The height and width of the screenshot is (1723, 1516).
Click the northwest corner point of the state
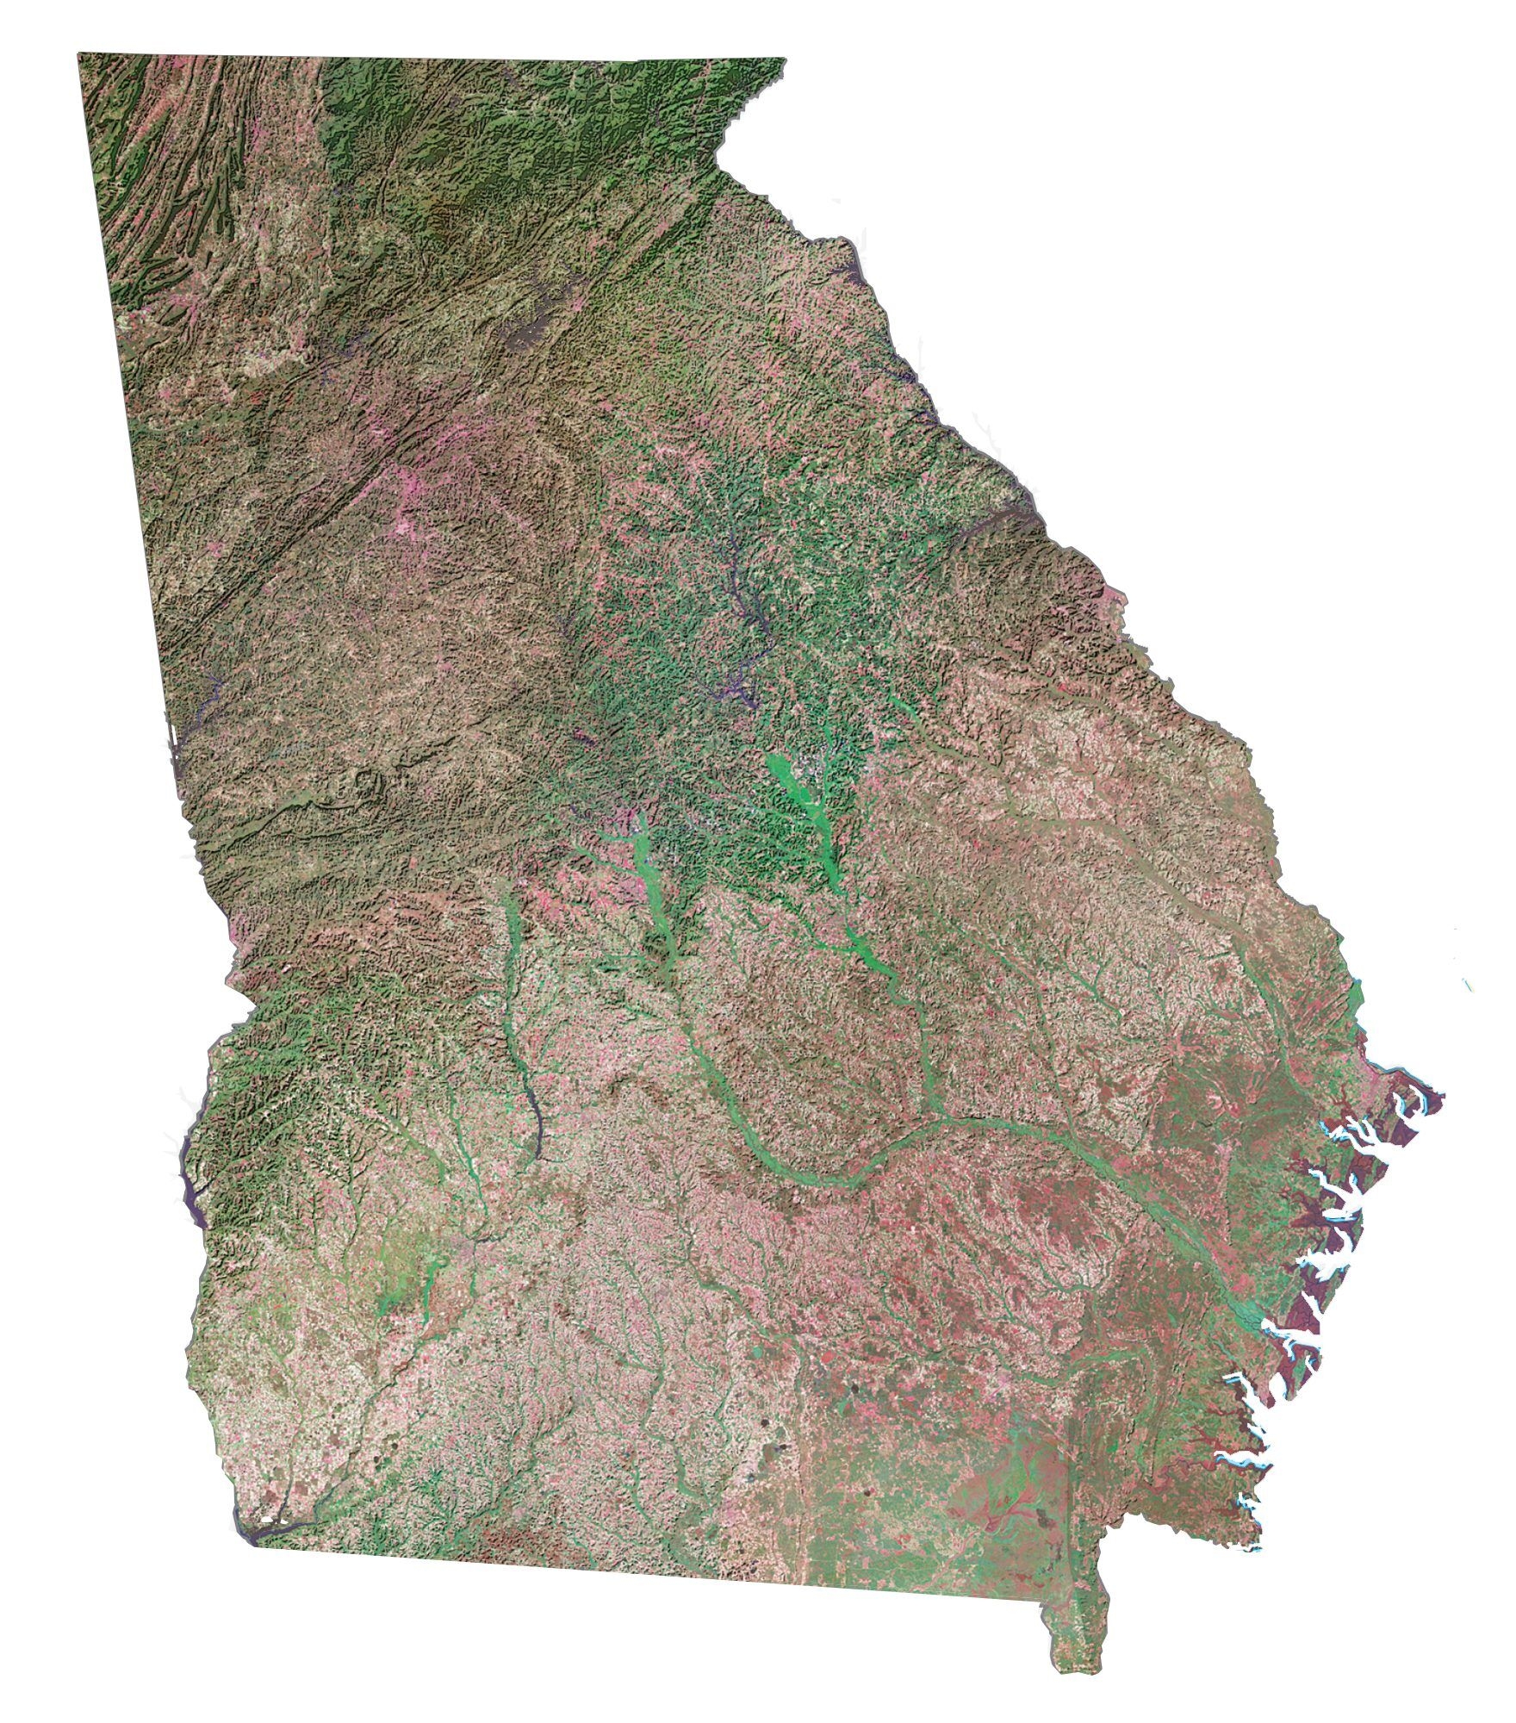coord(78,54)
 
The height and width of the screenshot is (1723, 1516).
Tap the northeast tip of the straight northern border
coord(785,59)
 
